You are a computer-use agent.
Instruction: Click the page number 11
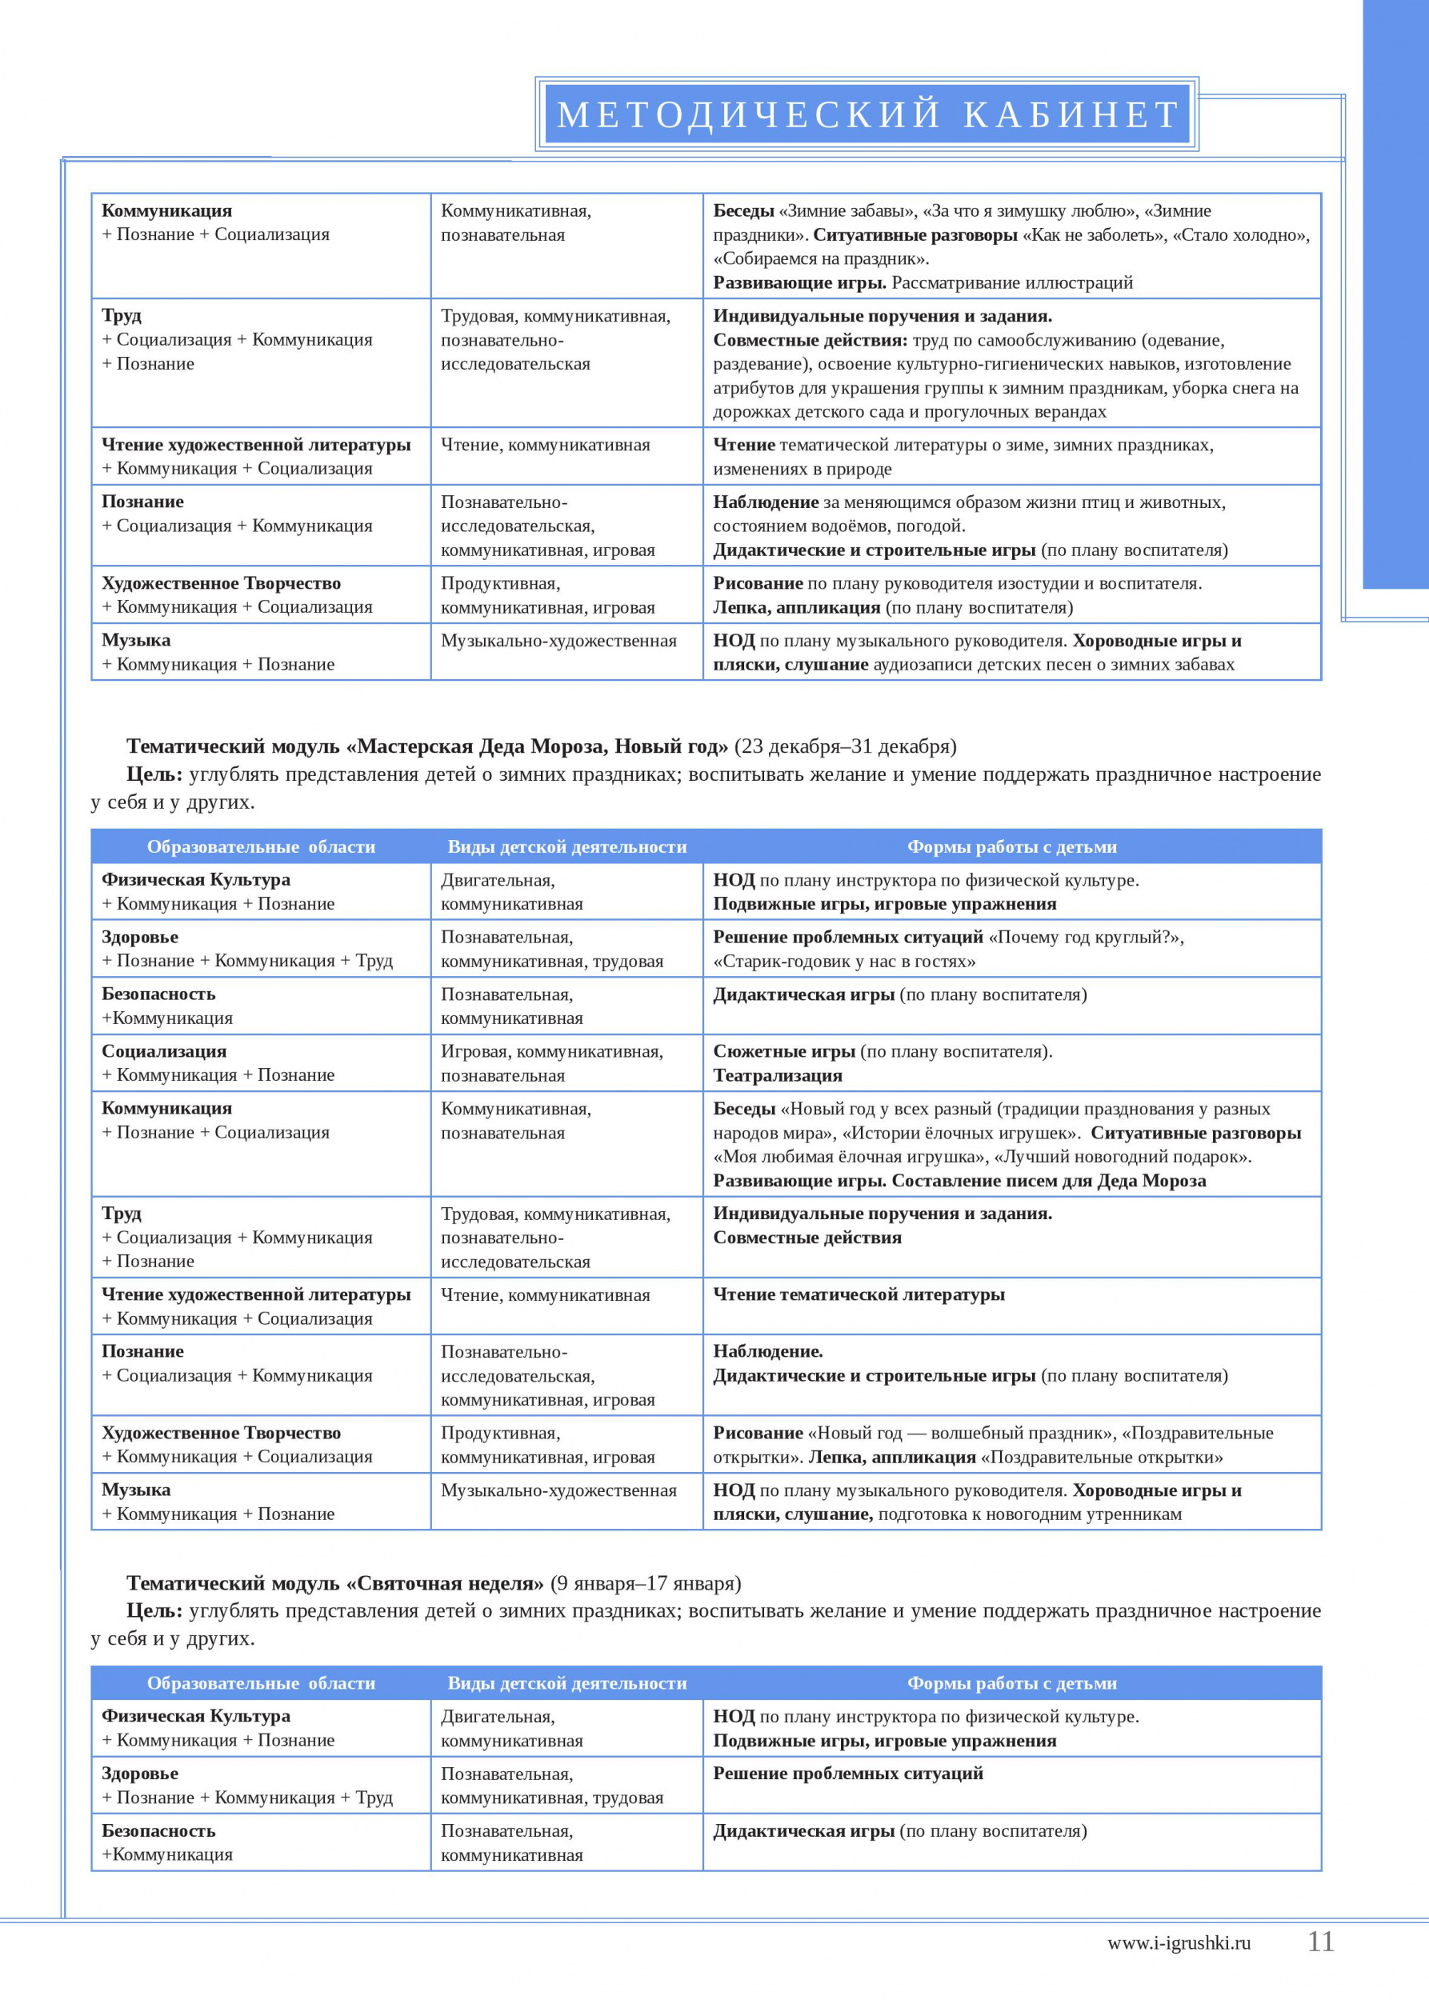(1321, 1942)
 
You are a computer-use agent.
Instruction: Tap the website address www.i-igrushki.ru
(1179, 1944)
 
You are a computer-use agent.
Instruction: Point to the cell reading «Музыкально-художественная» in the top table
(558, 642)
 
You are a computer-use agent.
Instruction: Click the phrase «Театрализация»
(777, 1075)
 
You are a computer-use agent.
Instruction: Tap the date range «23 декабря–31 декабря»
(845, 746)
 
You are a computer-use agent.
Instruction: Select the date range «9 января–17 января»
(646, 1583)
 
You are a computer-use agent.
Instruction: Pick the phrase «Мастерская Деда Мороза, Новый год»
(537, 746)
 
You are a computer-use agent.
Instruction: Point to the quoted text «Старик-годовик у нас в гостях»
(844, 961)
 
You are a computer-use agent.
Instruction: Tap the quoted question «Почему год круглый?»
(1086, 937)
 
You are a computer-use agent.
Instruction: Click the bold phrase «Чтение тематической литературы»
(858, 1294)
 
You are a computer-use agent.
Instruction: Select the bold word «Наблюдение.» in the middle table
(767, 1350)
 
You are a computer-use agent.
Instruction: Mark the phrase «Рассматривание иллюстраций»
(1012, 282)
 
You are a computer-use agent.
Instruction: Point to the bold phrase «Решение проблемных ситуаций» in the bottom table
(847, 1773)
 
